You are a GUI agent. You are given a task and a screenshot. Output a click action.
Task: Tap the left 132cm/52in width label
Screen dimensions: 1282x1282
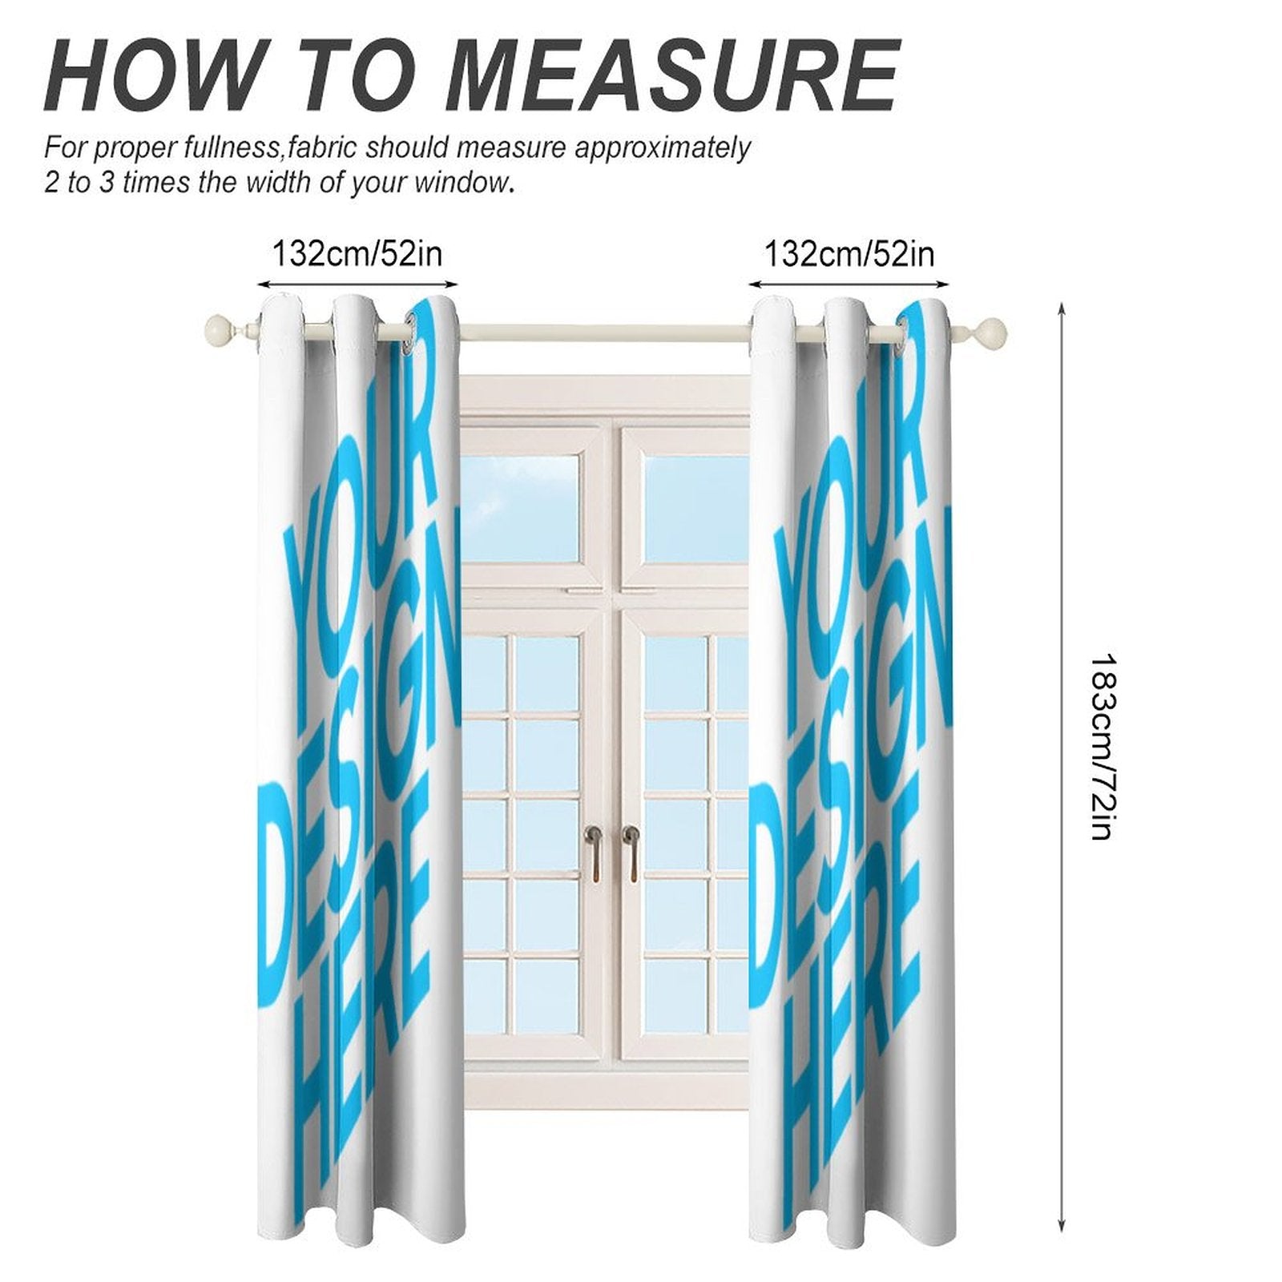[x=357, y=254]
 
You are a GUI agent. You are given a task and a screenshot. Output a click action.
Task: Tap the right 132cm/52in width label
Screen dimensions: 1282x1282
[x=849, y=254]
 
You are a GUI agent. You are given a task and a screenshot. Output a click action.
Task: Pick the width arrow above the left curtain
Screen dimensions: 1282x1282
[x=357, y=283]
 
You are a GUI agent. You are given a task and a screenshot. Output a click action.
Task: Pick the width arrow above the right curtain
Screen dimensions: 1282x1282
[x=849, y=283]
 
